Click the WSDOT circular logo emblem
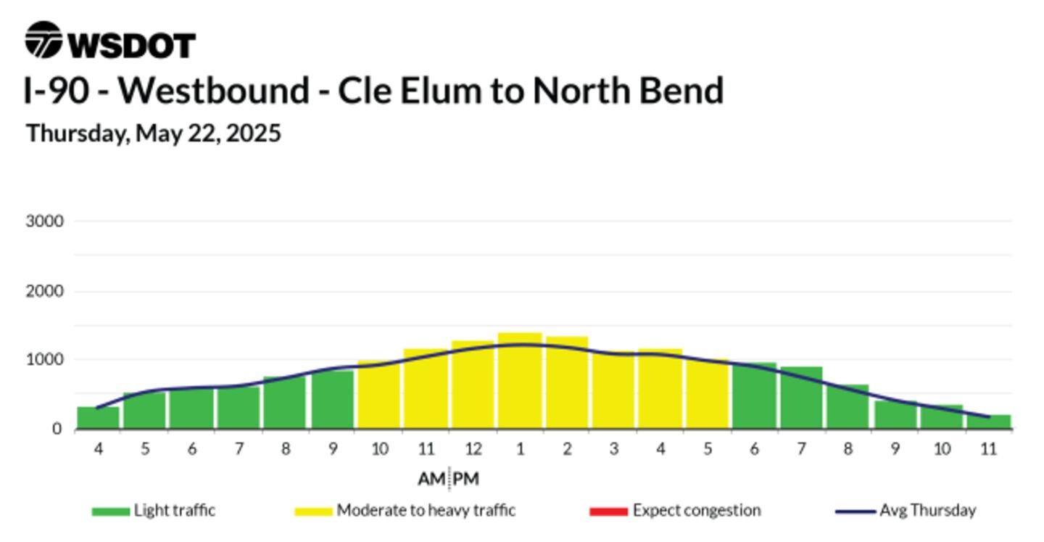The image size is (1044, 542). coord(43,40)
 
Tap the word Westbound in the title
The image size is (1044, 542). coord(213,91)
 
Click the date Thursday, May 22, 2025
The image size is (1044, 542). coord(154,134)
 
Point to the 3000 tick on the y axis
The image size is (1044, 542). coord(44,221)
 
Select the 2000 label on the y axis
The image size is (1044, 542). coord(44,292)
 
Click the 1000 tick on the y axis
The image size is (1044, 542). coord(44,360)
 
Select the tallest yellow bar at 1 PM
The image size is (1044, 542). coord(520,381)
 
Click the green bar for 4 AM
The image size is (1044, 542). coord(98,418)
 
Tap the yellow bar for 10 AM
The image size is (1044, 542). coord(379,395)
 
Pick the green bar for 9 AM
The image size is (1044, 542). coord(332,400)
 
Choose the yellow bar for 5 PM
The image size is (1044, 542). coord(707,394)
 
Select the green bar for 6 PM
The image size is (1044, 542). coord(754,395)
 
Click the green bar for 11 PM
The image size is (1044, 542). coord(989,422)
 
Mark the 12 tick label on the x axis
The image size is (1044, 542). coord(473,449)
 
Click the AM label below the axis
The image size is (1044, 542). coord(431,479)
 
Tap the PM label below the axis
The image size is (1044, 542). coord(465,479)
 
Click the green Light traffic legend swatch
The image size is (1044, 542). coord(110,512)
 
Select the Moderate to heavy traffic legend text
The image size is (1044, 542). coord(426,511)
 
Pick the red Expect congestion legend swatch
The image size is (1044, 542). coord(608,512)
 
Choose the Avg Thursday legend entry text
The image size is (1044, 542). coord(927,511)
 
